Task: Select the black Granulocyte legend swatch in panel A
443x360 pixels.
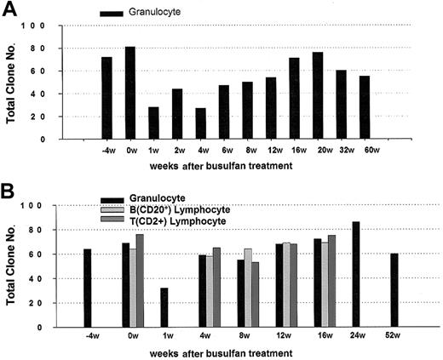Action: point(111,14)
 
